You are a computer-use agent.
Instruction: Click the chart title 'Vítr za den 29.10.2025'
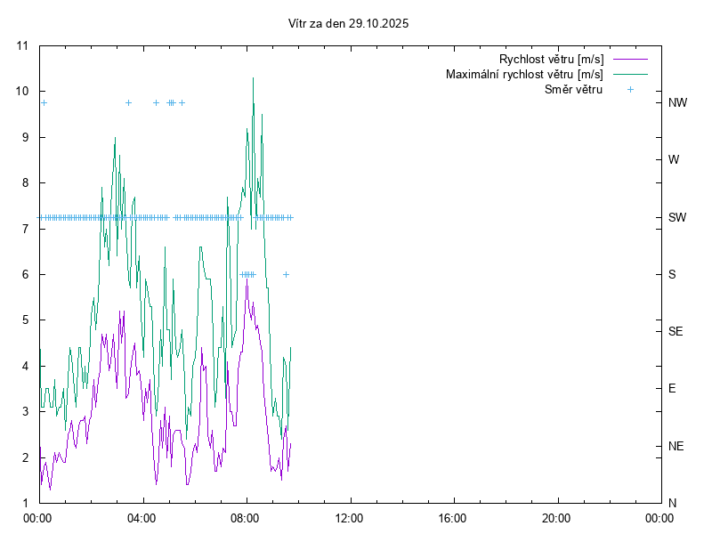(x=349, y=23)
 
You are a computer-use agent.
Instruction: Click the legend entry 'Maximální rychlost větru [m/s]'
(x=524, y=74)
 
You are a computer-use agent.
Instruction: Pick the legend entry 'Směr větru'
(x=573, y=89)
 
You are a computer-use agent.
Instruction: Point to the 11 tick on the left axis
(x=22, y=45)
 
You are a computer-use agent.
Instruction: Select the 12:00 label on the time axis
(x=349, y=517)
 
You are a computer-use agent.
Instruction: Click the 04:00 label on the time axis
(x=142, y=517)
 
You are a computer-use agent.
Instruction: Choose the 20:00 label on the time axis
(x=556, y=517)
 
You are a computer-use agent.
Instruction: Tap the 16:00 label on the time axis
(x=453, y=517)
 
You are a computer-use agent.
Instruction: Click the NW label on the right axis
(x=677, y=102)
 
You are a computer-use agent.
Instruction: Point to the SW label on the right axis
(x=677, y=217)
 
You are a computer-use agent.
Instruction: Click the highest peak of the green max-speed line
(x=253, y=78)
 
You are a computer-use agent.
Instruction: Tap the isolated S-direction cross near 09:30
(x=286, y=274)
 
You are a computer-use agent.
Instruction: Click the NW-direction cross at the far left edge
(x=44, y=102)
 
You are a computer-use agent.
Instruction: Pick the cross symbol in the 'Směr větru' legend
(x=630, y=89)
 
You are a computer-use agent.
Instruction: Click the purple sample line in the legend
(x=630, y=60)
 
